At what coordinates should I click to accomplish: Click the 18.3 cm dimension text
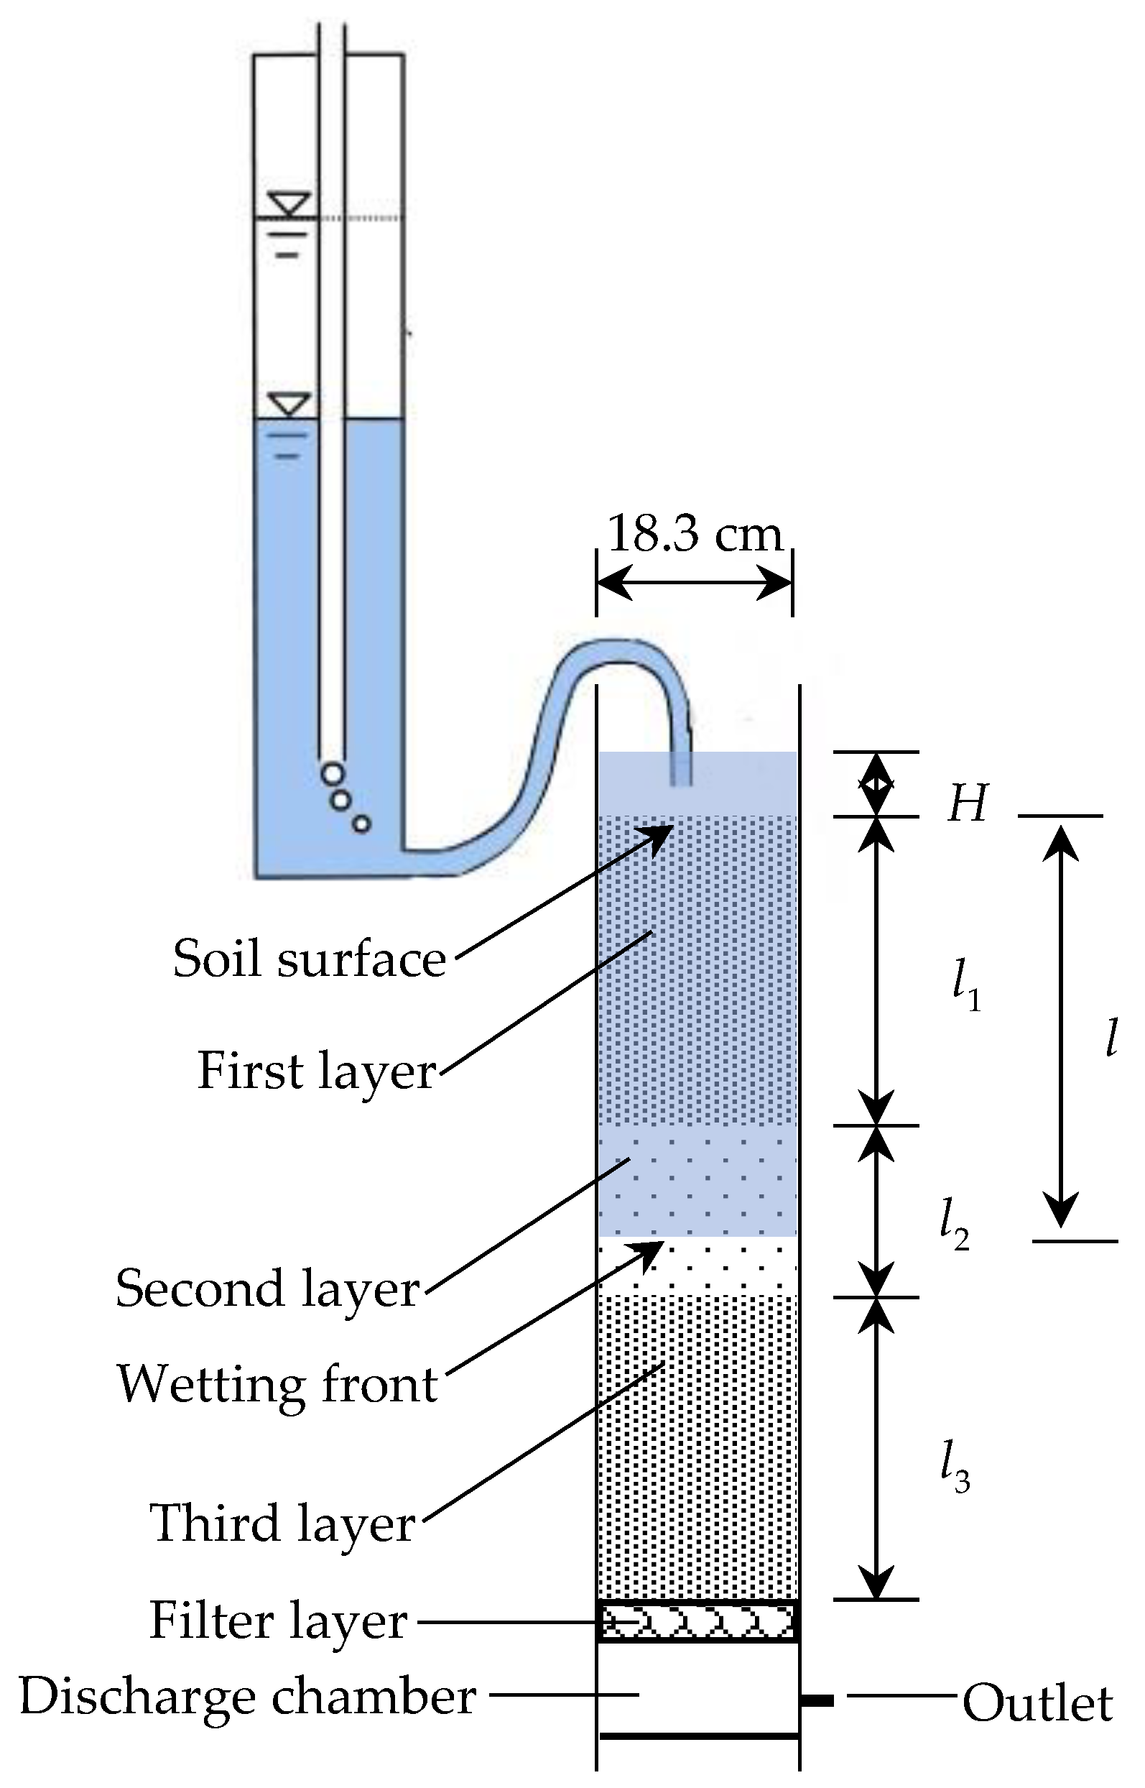(x=695, y=534)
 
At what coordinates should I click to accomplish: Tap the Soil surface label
(x=310, y=959)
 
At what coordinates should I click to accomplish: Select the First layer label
(x=317, y=1071)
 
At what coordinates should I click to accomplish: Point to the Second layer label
(x=268, y=1289)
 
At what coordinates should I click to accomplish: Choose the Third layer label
(x=282, y=1524)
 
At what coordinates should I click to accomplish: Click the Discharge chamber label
(x=248, y=1697)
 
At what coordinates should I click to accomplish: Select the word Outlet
(x=1037, y=1703)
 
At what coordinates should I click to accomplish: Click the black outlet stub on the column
(x=817, y=1700)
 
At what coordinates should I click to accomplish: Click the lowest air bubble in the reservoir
(x=361, y=824)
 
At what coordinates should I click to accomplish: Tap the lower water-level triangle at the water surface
(x=289, y=405)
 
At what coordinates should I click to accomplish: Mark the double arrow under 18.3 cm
(x=695, y=582)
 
